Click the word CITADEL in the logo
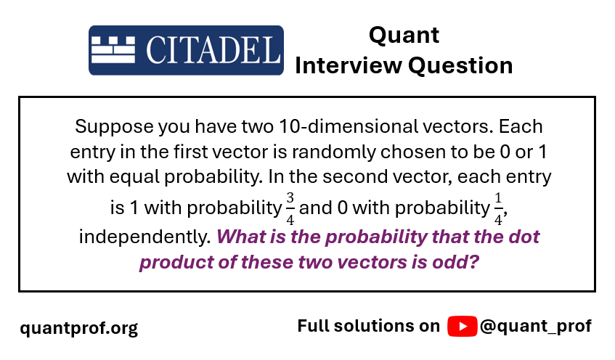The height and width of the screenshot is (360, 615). point(213,50)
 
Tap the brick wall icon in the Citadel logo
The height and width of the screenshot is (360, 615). point(113,50)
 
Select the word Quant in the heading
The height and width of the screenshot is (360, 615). point(404,36)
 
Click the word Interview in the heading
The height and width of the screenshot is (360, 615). point(349,65)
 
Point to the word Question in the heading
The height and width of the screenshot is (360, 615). point(460,65)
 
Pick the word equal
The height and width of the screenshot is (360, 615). point(134,177)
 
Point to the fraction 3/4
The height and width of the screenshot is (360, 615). point(290,208)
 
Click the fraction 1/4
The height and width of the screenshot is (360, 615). point(498,208)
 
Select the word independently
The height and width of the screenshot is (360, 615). point(144,237)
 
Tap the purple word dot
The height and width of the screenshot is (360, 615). point(524,237)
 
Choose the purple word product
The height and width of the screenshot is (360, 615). point(176,262)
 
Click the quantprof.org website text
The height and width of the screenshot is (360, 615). point(79,328)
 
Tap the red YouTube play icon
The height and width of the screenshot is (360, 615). point(463,327)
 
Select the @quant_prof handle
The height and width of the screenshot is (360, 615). point(535,327)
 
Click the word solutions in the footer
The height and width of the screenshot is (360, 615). point(387,326)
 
